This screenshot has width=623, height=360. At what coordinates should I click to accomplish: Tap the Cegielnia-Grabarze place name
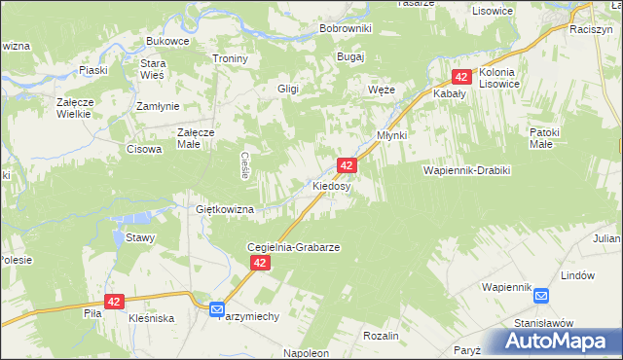click(293, 247)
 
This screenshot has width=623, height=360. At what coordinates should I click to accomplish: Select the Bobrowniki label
click(346, 28)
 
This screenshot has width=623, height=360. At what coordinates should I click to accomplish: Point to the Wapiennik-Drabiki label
click(466, 170)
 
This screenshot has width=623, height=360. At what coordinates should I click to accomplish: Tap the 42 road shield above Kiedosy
click(347, 166)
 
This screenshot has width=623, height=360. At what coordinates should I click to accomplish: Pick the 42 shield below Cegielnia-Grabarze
click(259, 264)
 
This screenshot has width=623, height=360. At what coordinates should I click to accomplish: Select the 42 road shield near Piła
click(115, 303)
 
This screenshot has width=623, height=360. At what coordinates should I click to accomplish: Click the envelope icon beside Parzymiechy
click(218, 309)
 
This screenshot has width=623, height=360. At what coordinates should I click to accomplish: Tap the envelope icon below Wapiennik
click(541, 296)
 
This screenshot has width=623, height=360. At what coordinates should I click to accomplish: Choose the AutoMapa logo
click(559, 341)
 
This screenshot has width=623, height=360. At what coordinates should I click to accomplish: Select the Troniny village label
click(232, 58)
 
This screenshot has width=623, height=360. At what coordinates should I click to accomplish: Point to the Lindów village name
click(578, 275)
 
